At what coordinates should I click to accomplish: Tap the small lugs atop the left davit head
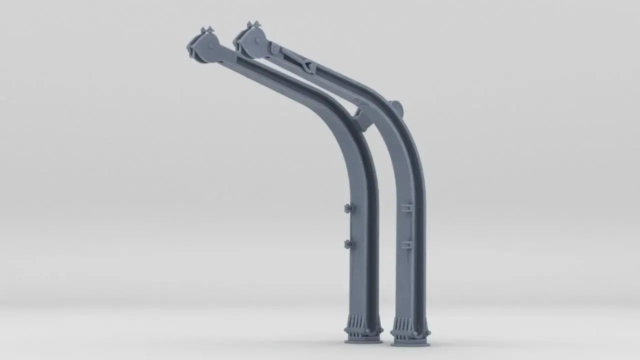point(207,30)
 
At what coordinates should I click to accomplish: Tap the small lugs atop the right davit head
point(253,24)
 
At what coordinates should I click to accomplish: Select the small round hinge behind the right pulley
point(274,49)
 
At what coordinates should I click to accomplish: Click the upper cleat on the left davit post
point(349,208)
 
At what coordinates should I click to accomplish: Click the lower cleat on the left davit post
point(349,244)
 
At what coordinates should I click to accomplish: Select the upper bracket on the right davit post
point(407,207)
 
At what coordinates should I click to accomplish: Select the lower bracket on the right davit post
point(406,245)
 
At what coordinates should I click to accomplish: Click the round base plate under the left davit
point(363,341)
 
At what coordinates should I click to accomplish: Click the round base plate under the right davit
point(410,343)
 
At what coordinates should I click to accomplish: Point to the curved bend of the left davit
point(345,120)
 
